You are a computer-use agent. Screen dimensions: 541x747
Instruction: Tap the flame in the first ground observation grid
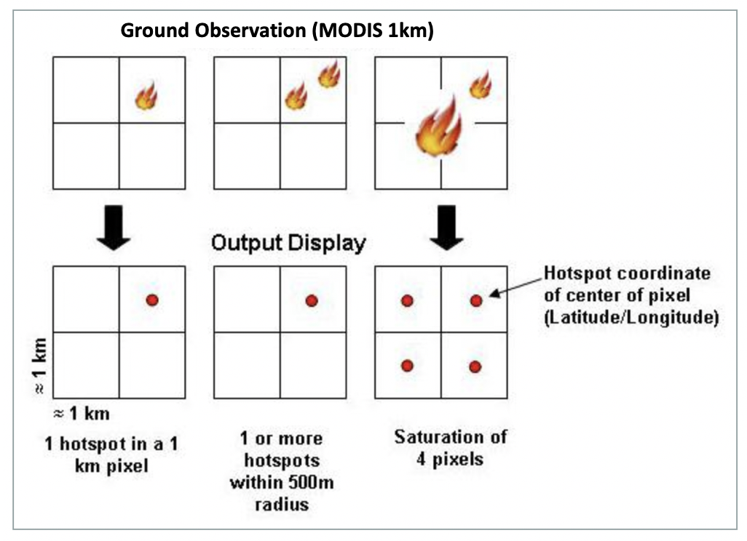pyautogui.click(x=146, y=96)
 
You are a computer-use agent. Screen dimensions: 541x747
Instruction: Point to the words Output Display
pyautogui.click(x=288, y=243)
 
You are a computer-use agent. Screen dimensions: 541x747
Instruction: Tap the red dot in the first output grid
pyautogui.click(x=152, y=300)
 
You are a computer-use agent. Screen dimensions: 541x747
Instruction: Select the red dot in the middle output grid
pyautogui.click(x=312, y=300)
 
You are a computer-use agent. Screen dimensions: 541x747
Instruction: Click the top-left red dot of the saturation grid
pyautogui.click(x=407, y=300)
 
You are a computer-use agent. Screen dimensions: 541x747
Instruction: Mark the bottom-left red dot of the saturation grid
pyautogui.click(x=407, y=365)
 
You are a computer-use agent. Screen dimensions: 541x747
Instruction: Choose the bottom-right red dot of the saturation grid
pyautogui.click(x=475, y=366)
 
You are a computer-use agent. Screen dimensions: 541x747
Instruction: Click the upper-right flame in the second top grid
pyautogui.click(x=328, y=74)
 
